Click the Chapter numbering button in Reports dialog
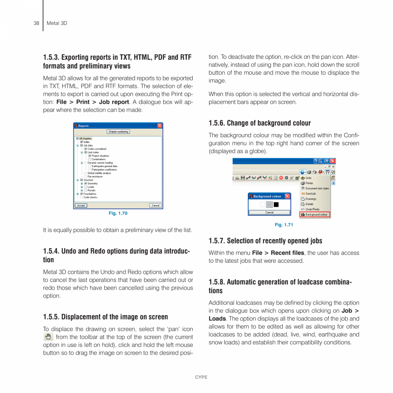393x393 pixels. (x=118, y=132)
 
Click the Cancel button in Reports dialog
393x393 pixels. (x=155, y=205)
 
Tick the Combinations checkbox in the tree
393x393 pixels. (x=90, y=159)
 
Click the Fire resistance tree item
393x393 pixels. (x=95, y=176)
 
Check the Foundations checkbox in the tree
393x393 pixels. (x=82, y=194)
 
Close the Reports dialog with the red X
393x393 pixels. (x=160, y=126)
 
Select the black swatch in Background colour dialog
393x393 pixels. (x=276, y=205)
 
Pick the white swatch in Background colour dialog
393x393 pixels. (x=263, y=205)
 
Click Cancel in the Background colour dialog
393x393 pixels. (x=269, y=212)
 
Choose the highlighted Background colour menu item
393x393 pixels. (x=316, y=214)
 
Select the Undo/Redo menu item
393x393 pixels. (x=312, y=209)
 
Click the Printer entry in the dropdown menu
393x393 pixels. (x=309, y=183)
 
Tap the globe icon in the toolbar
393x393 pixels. (x=302, y=172)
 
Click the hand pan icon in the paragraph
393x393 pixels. (x=48, y=337)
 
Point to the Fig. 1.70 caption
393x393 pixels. (x=118, y=213)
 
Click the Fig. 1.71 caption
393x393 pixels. (x=284, y=225)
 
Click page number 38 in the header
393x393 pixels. (x=36, y=23)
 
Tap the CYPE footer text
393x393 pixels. (x=201, y=377)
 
